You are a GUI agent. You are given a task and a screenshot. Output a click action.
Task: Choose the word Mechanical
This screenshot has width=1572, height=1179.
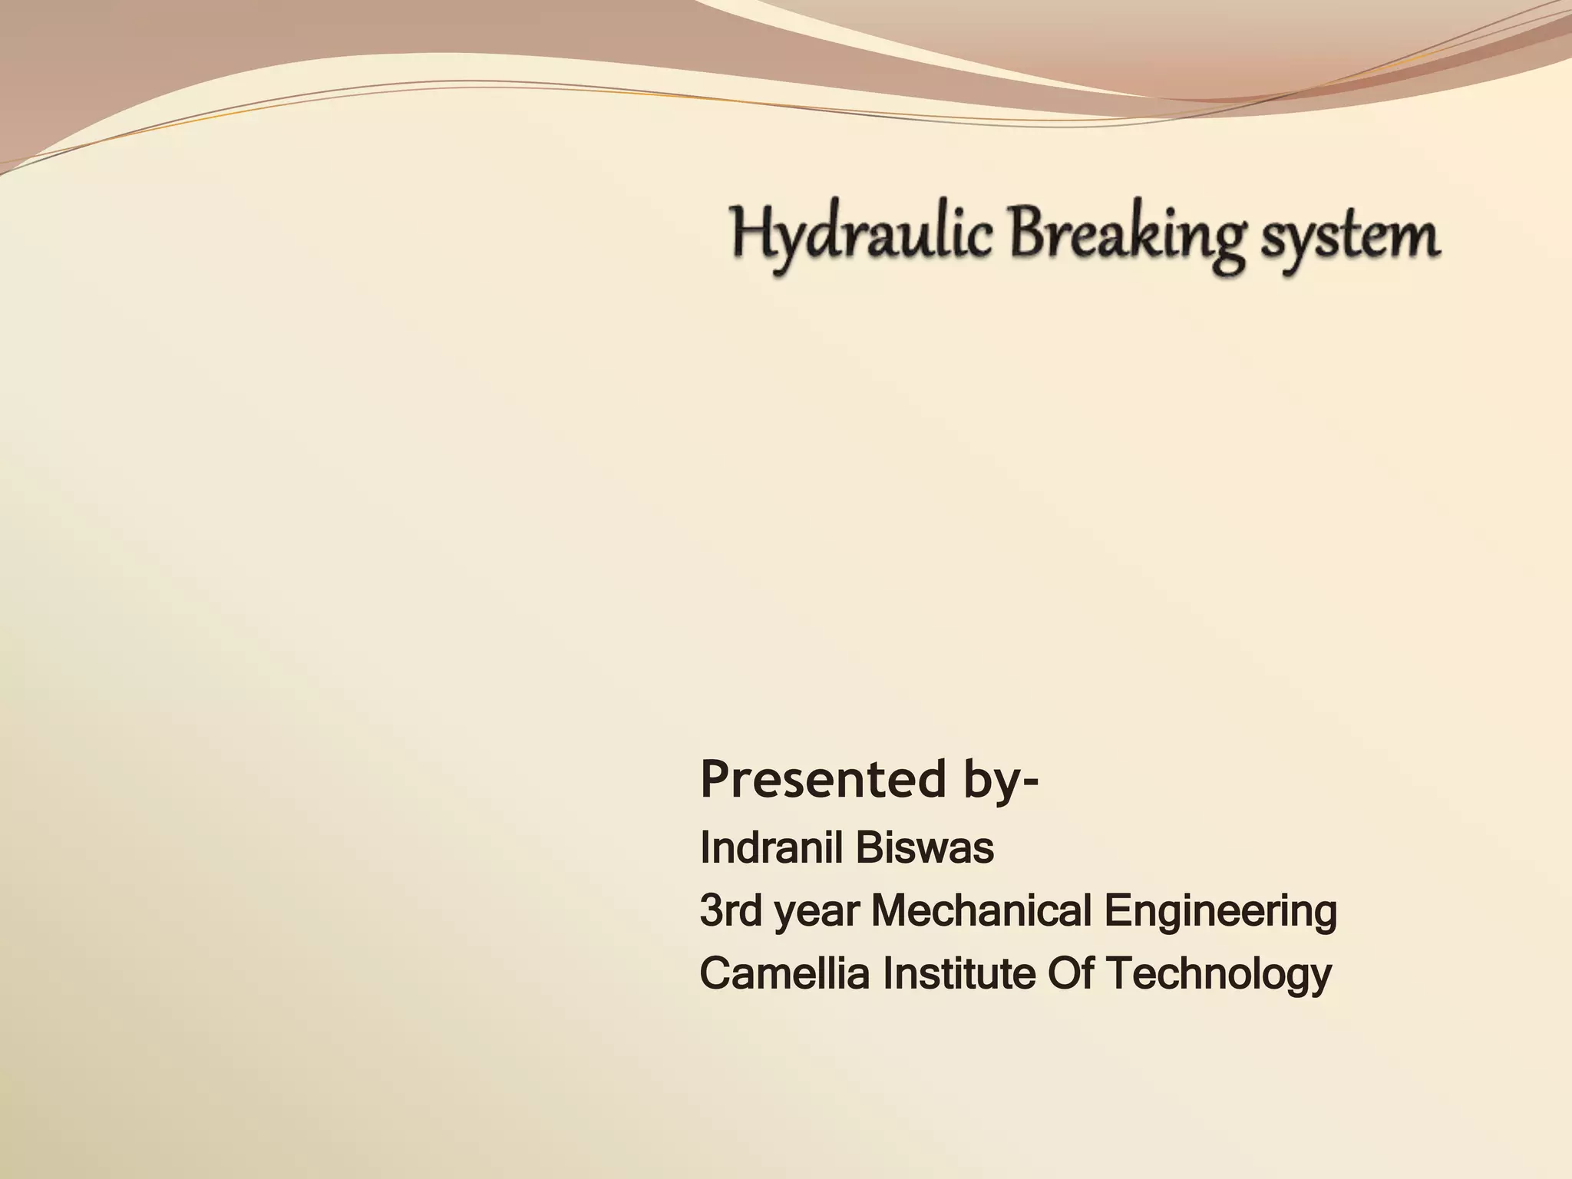point(982,911)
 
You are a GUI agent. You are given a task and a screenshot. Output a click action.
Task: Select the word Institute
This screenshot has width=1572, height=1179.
point(959,973)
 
